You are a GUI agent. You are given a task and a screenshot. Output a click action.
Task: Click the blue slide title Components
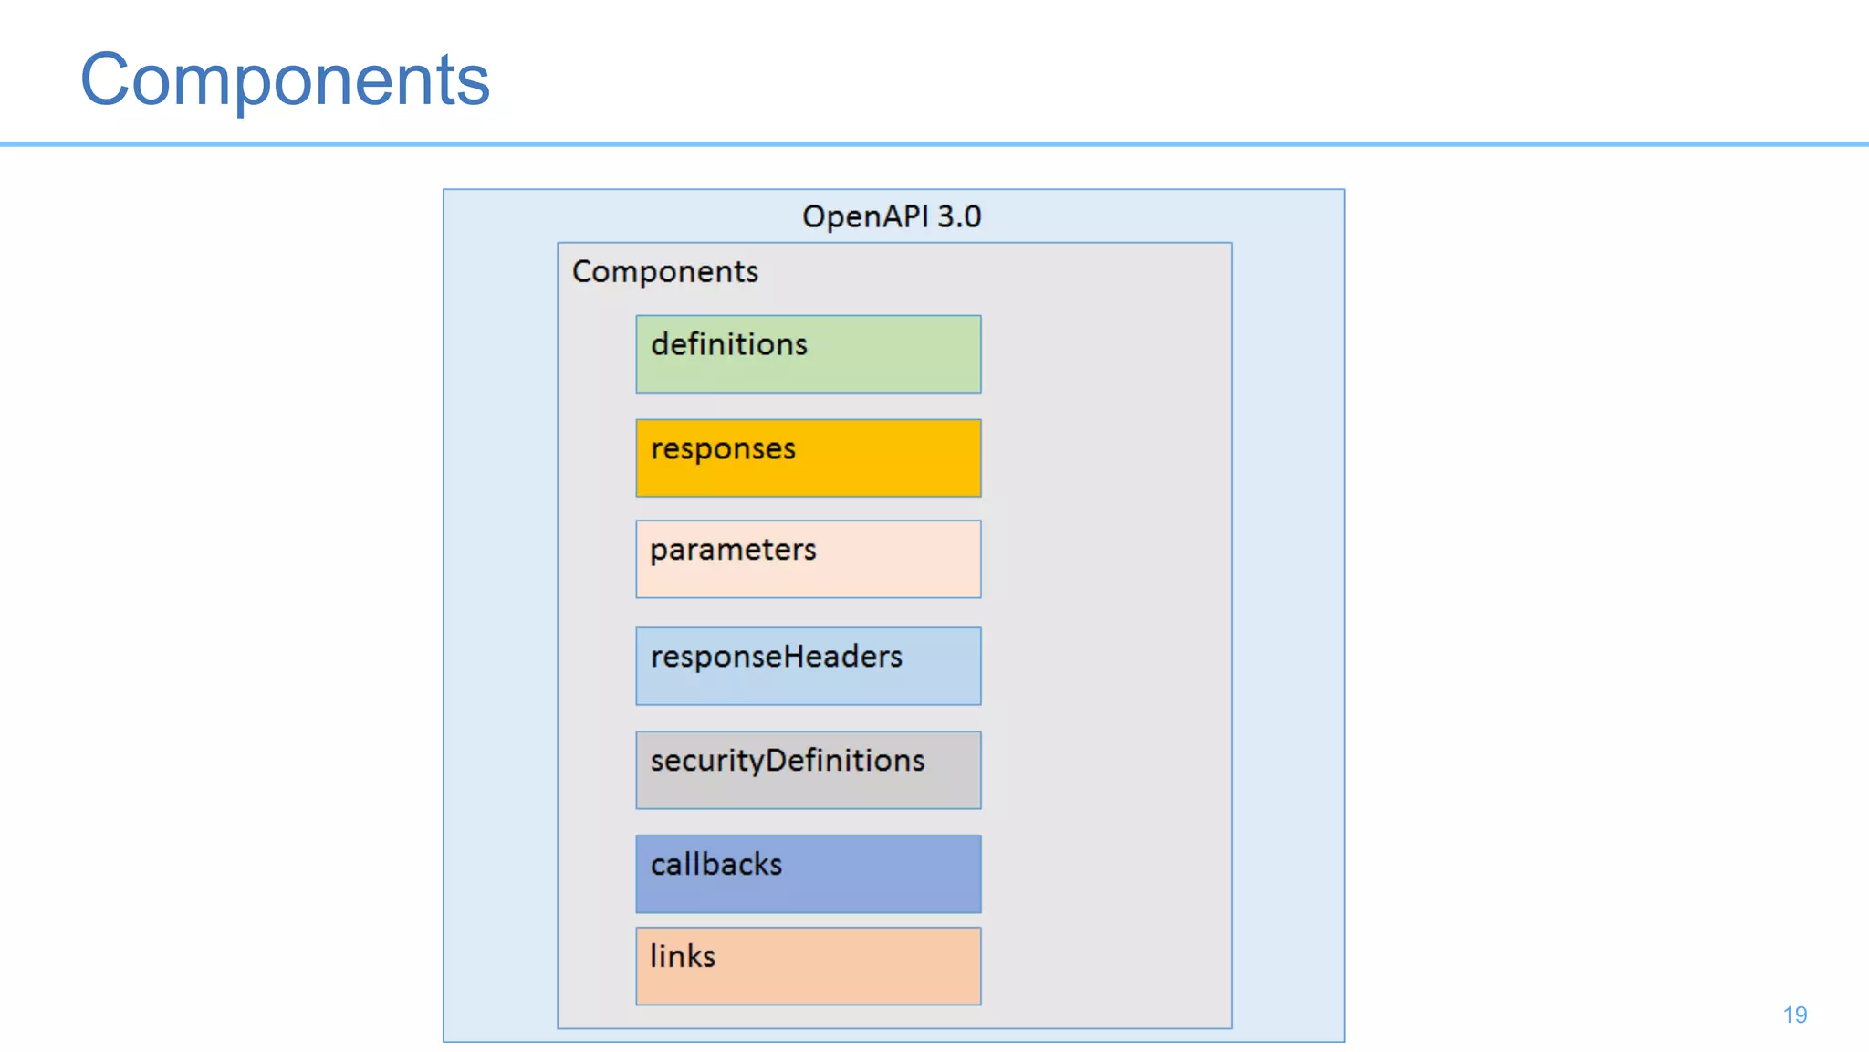285,80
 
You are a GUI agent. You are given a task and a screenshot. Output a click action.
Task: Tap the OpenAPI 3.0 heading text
891,216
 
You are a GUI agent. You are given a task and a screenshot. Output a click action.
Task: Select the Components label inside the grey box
664,271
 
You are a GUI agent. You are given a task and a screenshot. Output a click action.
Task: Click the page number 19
1794,1015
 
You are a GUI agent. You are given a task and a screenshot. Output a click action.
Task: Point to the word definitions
728,344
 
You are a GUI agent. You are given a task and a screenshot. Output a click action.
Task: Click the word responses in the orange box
723,449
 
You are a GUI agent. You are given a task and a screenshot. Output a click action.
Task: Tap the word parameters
733,550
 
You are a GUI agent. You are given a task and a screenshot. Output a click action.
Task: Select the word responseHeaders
776,657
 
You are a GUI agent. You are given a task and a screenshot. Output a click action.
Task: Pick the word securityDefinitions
787,761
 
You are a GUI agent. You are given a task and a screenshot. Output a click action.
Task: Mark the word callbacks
715,864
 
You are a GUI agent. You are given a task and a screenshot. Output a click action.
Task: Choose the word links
682,956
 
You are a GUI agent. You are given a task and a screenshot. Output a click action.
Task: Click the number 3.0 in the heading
958,216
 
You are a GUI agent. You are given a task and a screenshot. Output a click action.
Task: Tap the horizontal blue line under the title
934,144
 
